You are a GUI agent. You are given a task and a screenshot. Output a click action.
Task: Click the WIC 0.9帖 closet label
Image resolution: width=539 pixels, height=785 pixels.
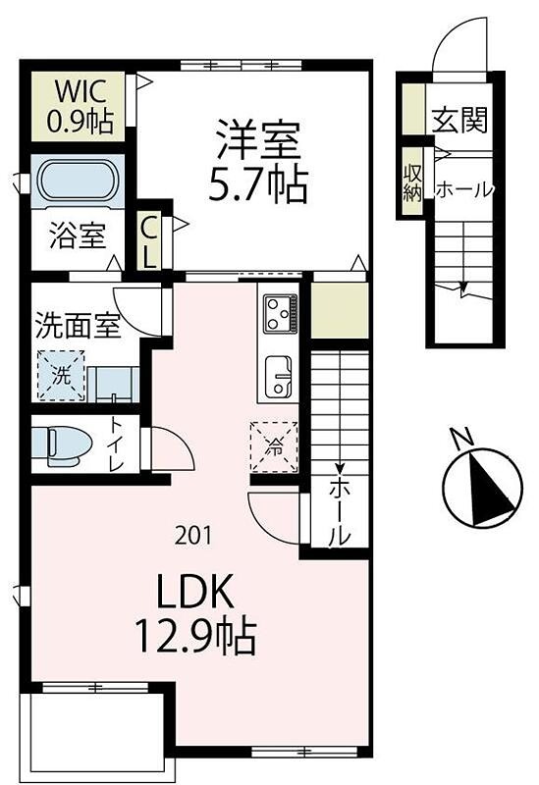[82, 106]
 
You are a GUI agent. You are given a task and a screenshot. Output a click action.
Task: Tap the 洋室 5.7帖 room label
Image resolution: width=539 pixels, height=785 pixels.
[257, 160]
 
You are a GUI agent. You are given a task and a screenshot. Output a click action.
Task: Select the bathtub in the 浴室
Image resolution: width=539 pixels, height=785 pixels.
[79, 183]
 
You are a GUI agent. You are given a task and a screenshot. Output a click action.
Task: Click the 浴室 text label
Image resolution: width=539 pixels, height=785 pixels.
[78, 238]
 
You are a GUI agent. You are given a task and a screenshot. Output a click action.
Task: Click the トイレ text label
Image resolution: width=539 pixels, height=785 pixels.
[116, 445]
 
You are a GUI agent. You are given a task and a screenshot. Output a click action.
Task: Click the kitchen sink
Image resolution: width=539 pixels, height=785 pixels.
[279, 376]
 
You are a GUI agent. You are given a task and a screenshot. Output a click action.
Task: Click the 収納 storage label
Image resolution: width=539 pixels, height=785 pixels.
[411, 181]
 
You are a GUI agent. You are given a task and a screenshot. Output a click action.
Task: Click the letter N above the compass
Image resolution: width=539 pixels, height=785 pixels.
[458, 437]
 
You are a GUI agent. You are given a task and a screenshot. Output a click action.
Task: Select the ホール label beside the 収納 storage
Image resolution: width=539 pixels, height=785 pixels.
[462, 189]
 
